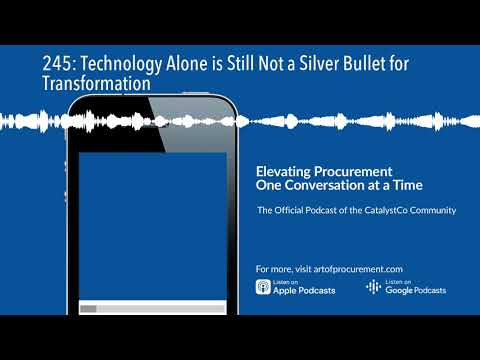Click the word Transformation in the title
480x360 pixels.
point(96,85)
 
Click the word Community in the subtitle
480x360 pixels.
point(434,210)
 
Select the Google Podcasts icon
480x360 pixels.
point(373,288)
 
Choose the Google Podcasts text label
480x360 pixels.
point(415,291)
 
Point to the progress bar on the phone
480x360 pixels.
point(151,309)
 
